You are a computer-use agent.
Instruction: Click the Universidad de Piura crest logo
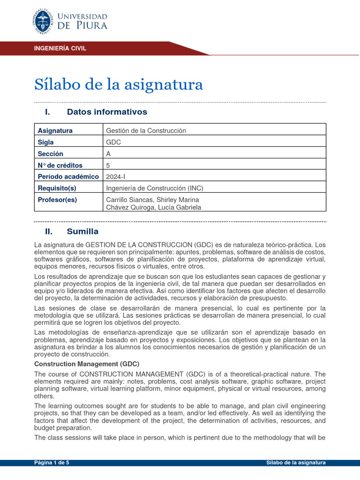tap(45, 22)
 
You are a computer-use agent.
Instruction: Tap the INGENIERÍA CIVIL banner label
tap(60, 48)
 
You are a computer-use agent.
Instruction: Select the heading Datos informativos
tap(107, 112)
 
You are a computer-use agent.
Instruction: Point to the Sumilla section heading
tap(82, 231)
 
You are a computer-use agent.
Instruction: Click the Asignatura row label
tap(55, 130)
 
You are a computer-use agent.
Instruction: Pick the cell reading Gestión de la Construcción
tap(146, 130)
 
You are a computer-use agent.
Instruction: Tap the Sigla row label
tap(45, 142)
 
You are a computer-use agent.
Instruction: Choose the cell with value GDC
tap(114, 142)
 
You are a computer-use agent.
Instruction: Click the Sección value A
tap(109, 154)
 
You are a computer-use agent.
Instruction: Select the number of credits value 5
tap(109, 165)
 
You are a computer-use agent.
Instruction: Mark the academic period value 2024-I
tap(116, 176)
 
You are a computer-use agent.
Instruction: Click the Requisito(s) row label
tap(57, 188)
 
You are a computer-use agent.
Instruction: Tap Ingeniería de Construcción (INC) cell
tap(155, 188)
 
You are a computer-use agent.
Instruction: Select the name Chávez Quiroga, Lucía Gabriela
tap(154, 207)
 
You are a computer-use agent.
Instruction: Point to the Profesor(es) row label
tap(57, 200)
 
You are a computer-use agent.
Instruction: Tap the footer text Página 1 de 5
tap(52, 463)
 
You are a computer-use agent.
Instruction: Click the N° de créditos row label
tap(60, 165)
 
